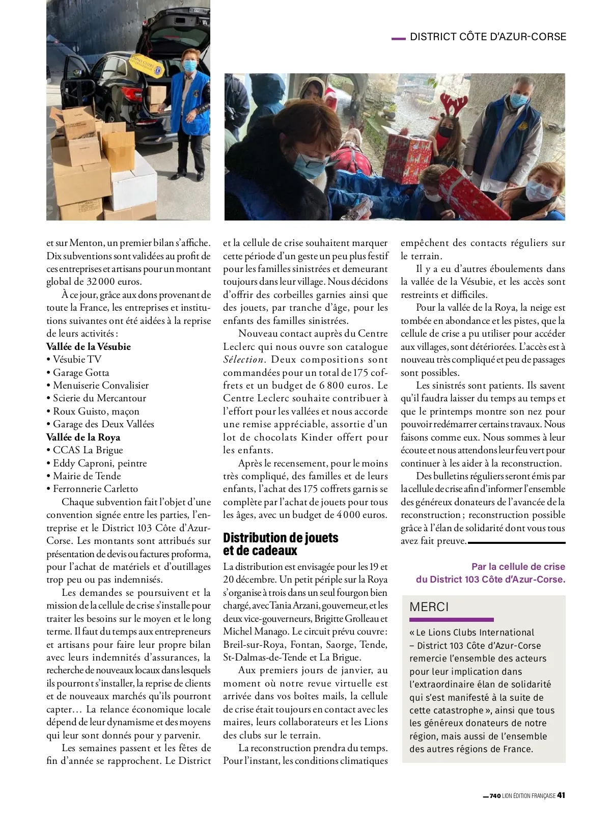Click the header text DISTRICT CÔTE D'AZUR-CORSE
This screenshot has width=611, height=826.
488,37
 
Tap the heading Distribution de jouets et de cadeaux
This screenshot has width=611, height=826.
281,544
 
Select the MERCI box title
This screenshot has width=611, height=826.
429,607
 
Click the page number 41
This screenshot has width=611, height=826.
561,795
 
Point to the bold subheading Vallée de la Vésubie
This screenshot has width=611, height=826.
89,346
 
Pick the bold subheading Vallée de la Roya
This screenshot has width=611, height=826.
83,437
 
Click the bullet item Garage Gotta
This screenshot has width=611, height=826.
81,372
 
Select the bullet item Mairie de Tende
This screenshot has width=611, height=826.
87,476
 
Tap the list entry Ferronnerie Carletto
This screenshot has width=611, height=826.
95,489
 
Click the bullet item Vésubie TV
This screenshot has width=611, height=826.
77,359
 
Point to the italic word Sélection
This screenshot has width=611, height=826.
243,360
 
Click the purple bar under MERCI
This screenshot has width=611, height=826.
451,620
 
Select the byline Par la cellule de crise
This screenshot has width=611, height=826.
518,566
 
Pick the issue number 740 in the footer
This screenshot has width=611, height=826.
495,796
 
